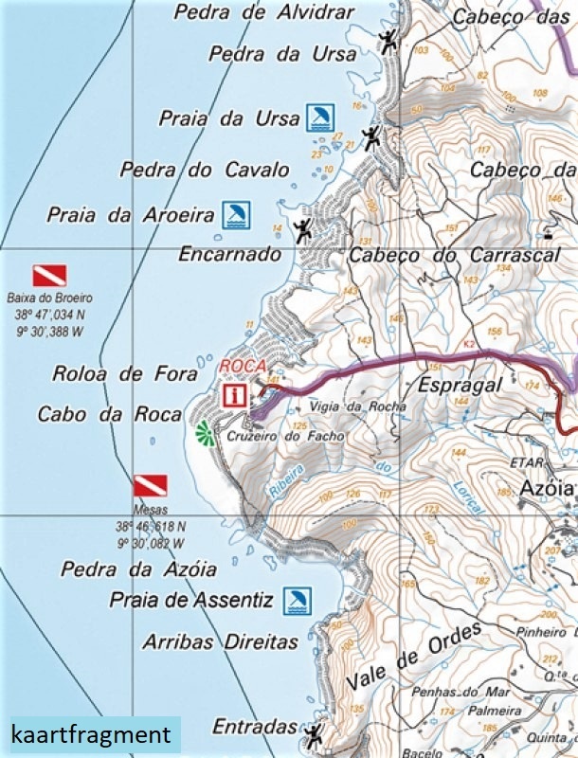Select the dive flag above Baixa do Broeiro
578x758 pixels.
[x=49, y=276]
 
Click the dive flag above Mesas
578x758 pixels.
[x=150, y=486]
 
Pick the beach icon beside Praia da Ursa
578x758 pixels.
[x=319, y=117]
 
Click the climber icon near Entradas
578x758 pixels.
[x=313, y=732]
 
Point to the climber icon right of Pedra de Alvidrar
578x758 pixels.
[x=388, y=40]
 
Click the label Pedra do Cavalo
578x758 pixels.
[x=204, y=171]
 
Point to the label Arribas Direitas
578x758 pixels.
[x=220, y=641]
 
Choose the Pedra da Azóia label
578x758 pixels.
[x=138, y=569]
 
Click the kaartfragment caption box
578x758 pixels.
[x=91, y=735]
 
